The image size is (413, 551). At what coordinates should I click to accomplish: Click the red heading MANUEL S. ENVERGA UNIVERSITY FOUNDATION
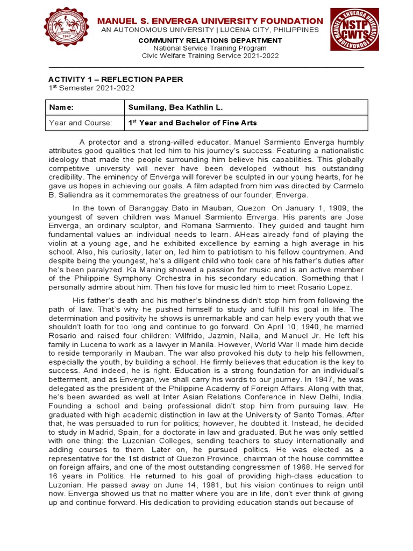[210, 21]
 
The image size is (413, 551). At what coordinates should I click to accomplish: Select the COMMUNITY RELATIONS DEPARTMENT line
[210, 40]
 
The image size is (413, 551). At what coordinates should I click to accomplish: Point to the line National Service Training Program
[210, 48]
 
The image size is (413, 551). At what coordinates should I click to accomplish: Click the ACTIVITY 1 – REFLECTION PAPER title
[116, 79]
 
